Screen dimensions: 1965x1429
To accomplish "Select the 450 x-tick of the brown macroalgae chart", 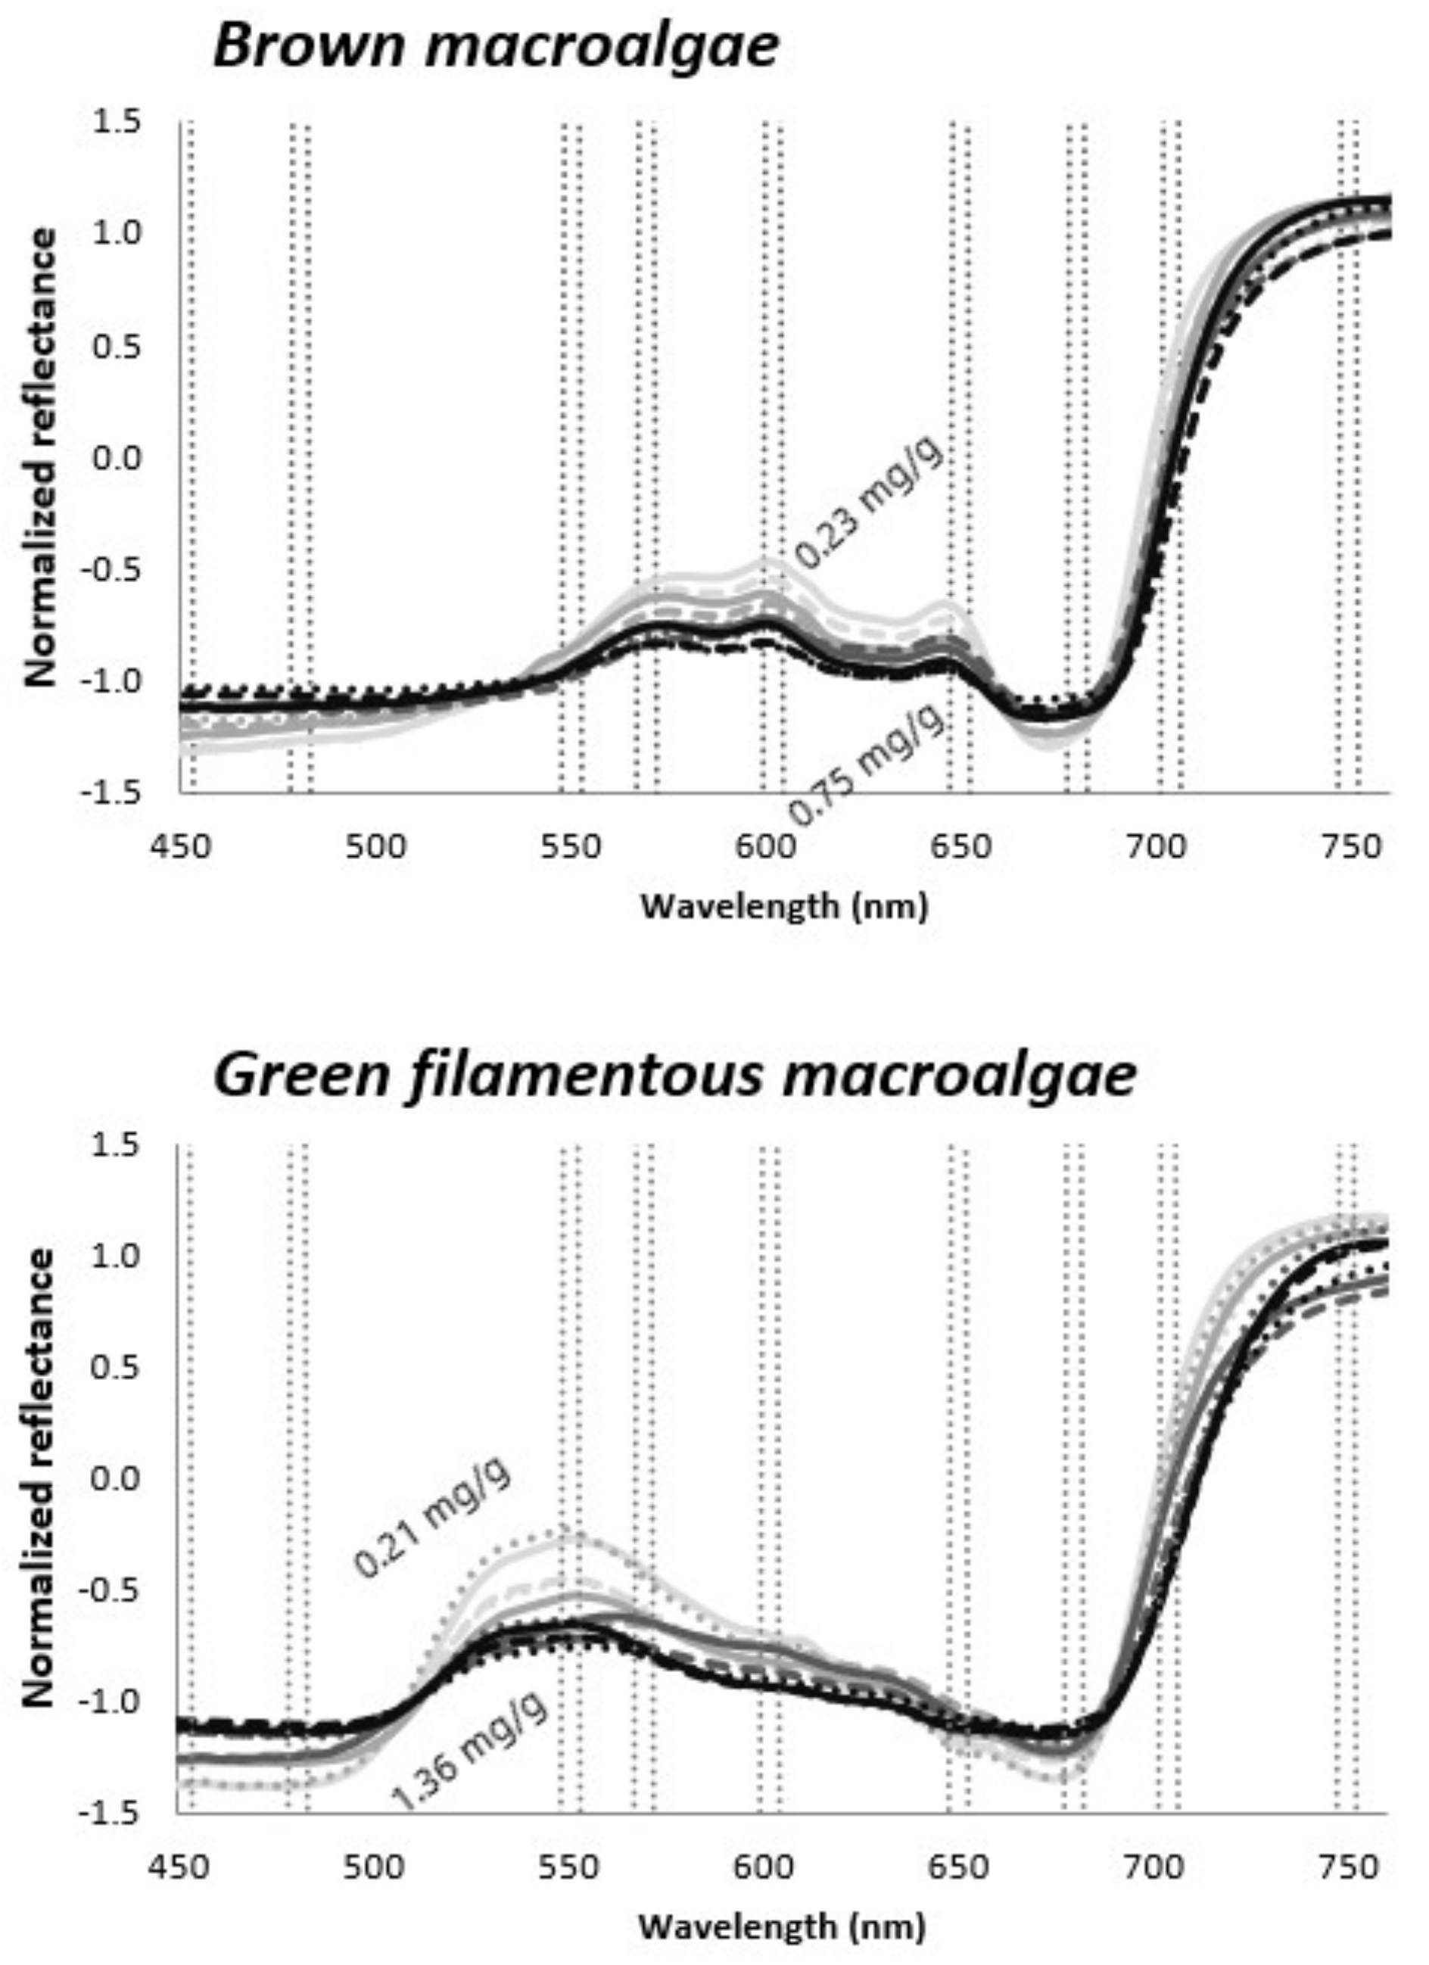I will pyautogui.click(x=181, y=845).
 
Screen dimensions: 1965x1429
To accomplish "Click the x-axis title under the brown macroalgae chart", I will pyautogui.click(x=784, y=906).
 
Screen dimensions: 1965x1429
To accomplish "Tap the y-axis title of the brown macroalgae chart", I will pyautogui.click(x=41, y=457).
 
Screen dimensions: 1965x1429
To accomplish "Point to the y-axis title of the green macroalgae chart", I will pyautogui.click(x=41, y=1478).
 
